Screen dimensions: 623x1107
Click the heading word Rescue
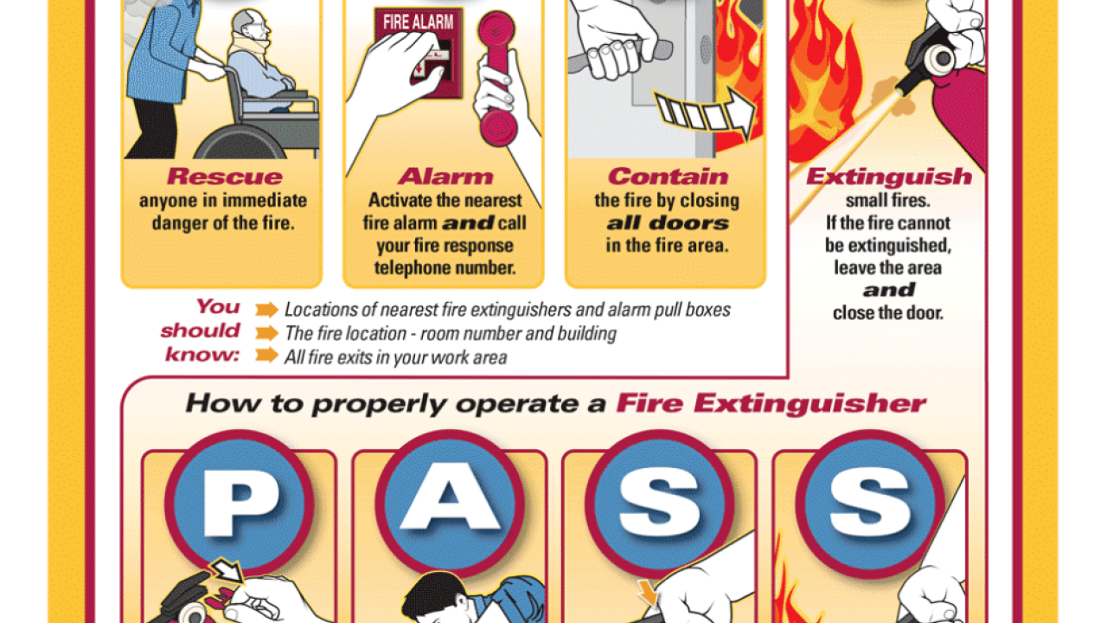click(224, 177)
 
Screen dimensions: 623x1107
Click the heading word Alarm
click(445, 177)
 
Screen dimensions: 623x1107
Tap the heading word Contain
click(667, 177)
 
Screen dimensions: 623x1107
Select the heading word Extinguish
click(888, 177)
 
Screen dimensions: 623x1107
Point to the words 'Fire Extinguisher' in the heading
click(770, 404)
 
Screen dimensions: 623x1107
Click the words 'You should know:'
click(202, 331)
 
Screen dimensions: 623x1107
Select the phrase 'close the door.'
click(887, 312)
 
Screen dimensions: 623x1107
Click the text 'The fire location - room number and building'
click(450, 333)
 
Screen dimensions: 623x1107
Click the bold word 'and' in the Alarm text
click(468, 223)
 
